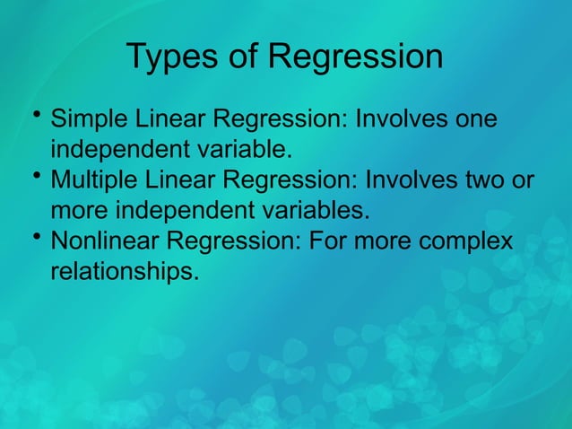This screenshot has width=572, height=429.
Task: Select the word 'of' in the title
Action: (x=244, y=57)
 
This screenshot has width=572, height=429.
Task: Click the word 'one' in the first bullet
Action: (x=472, y=121)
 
